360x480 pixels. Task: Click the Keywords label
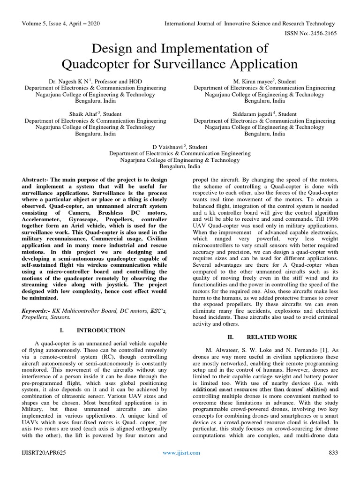click(37, 310)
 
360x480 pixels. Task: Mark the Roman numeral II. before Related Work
click(230, 337)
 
